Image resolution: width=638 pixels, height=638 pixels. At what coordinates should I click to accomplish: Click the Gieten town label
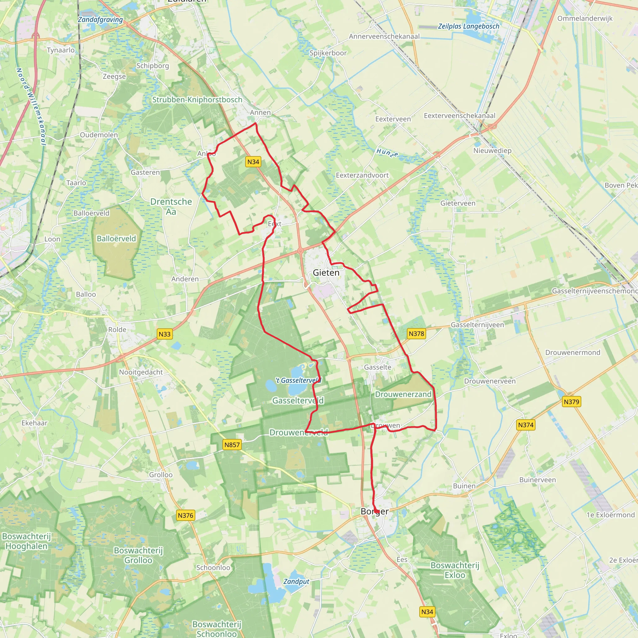(x=326, y=273)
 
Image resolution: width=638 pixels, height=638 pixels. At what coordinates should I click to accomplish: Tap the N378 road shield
(x=416, y=334)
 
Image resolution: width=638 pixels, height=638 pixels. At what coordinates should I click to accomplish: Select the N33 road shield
(x=164, y=334)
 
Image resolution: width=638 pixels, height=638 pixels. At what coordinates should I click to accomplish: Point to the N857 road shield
(x=232, y=445)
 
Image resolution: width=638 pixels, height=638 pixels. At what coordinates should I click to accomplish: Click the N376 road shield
(x=185, y=515)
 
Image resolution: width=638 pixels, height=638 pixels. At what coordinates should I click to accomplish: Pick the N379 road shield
(x=571, y=402)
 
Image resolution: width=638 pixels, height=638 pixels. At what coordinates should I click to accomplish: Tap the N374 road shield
(x=526, y=425)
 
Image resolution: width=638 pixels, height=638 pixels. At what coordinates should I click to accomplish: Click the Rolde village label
(x=117, y=330)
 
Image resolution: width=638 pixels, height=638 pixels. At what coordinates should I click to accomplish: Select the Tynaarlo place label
(x=61, y=50)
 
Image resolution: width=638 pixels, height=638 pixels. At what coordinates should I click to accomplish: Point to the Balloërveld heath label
(x=116, y=238)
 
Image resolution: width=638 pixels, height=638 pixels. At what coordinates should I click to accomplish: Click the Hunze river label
(x=387, y=153)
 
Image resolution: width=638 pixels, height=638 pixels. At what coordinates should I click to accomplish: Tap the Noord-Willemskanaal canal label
(x=31, y=106)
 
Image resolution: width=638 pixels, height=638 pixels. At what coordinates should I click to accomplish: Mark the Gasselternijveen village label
(x=477, y=325)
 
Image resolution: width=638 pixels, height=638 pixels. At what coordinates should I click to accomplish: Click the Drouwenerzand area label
(x=403, y=394)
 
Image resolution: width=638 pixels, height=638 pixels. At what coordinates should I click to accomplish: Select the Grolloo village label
(x=161, y=474)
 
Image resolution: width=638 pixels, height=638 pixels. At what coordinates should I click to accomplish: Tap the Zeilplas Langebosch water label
(x=468, y=26)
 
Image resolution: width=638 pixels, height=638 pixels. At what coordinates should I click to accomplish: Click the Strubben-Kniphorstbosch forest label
(x=197, y=100)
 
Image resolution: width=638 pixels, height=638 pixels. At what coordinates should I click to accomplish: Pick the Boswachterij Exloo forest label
(x=455, y=570)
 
